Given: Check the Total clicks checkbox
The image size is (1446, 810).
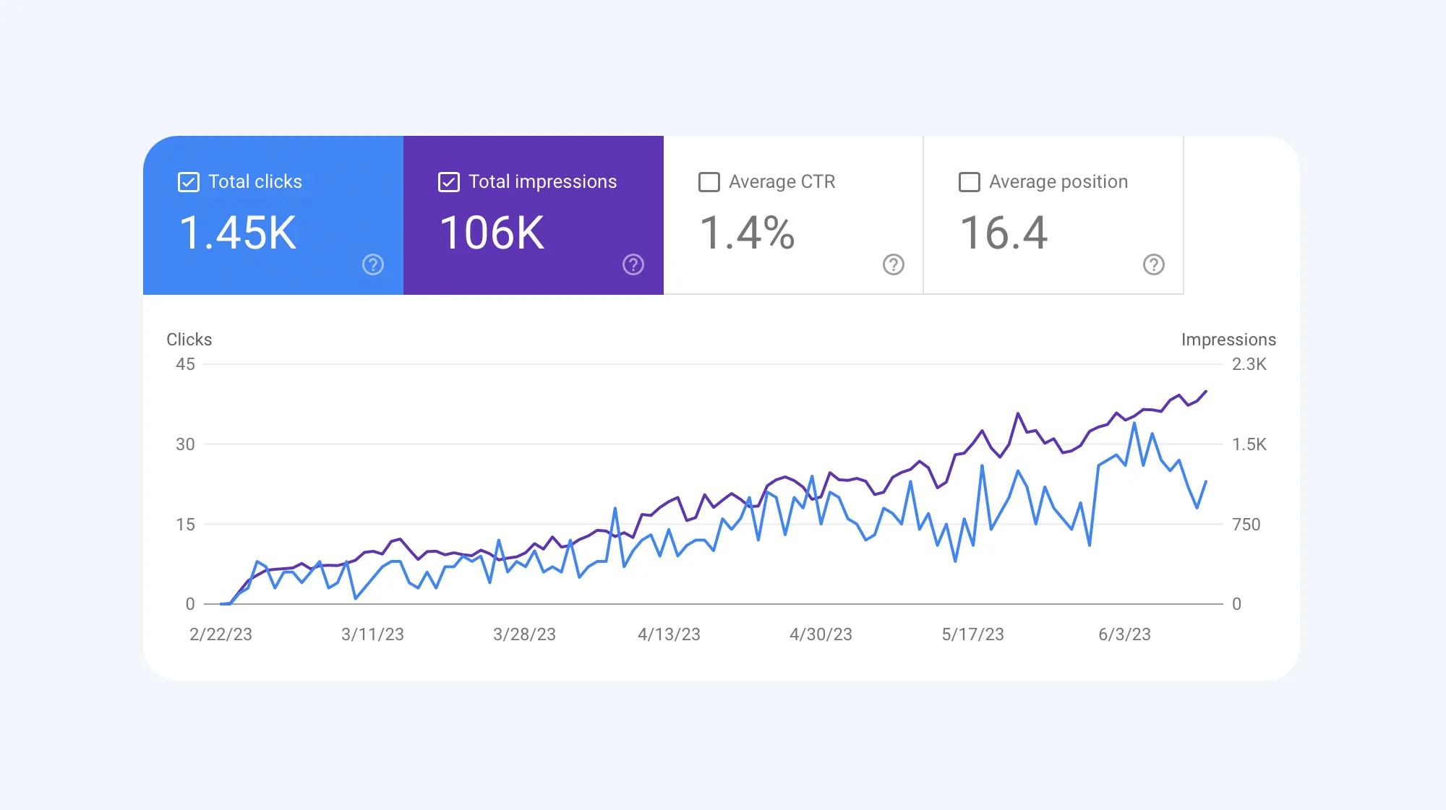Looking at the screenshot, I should [189, 182].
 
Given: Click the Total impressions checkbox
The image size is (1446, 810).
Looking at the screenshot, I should [449, 182].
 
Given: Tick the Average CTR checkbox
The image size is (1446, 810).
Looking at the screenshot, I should [709, 182].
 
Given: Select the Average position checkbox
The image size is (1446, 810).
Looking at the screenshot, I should [970, 182].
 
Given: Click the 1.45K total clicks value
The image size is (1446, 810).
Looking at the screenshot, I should [238, 233].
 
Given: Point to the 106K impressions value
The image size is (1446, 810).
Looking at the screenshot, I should [492, 233].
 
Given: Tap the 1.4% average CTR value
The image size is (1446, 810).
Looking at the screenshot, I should [748, 233].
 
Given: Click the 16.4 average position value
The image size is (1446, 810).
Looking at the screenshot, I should [1004, 233].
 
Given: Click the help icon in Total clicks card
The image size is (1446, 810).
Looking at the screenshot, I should [373, 264].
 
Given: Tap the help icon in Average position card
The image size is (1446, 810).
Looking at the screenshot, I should [1154, 264].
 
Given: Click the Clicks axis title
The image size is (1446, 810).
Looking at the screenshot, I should [189, 340].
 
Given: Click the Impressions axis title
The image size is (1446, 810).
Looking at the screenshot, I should [1228, 340].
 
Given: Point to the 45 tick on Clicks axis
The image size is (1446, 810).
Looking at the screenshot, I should [185, 364].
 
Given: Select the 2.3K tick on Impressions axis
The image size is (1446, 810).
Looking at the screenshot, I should [1249, 364].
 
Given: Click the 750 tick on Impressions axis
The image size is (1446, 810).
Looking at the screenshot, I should [1246, 525].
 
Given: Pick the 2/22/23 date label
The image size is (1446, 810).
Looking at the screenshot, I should [221, 634].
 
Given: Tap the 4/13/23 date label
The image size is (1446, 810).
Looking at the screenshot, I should [669, 634].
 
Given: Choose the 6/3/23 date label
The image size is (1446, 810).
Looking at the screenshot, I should [1124, 634].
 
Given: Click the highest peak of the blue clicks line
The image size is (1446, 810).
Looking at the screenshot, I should [1134, 423].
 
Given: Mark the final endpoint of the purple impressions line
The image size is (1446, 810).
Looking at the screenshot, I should [1206, 392].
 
